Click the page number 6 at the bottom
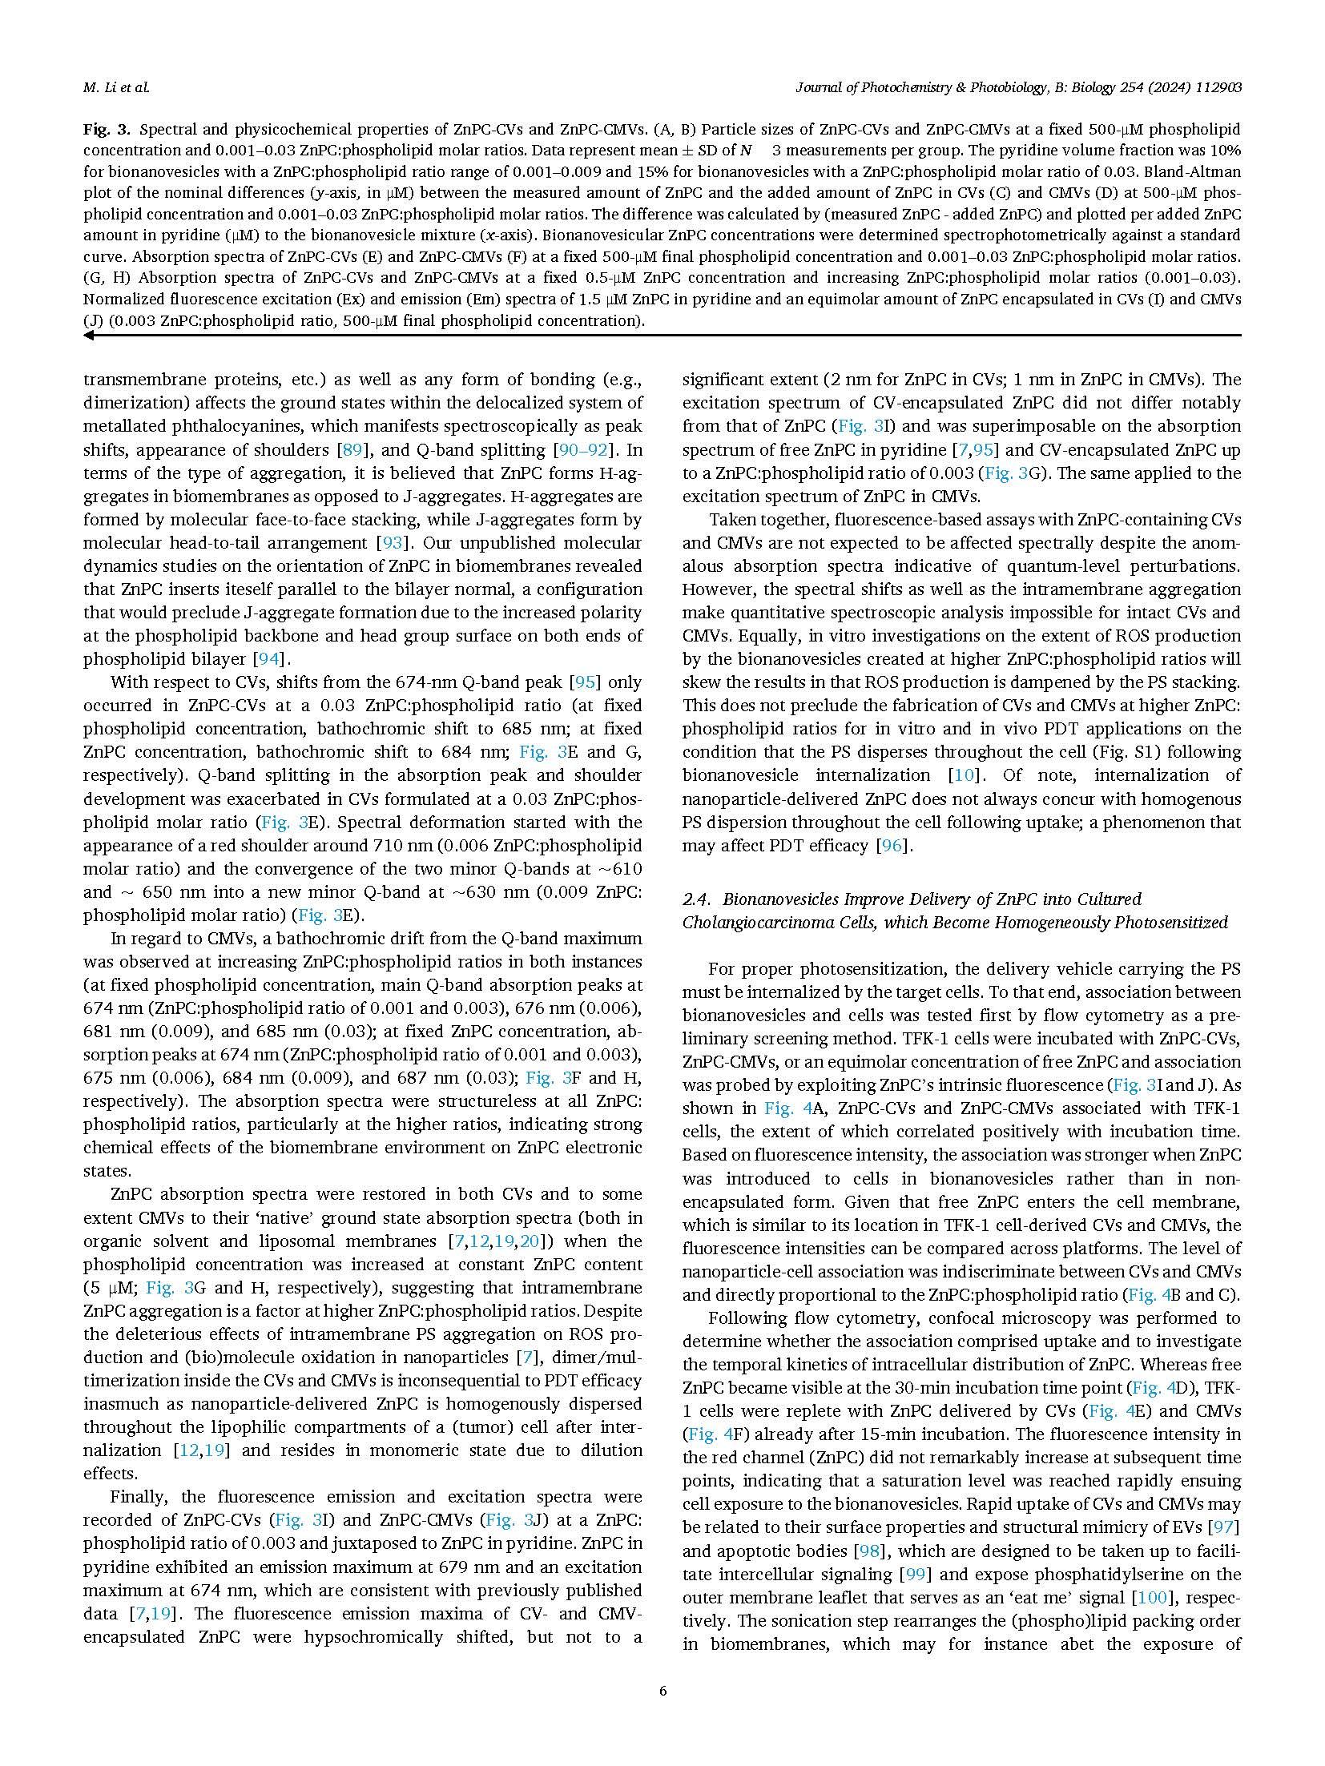pos(662,1692)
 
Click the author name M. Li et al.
pos(115,87)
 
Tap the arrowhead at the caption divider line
pos(89,336)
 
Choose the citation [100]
pos(1151,1598)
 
